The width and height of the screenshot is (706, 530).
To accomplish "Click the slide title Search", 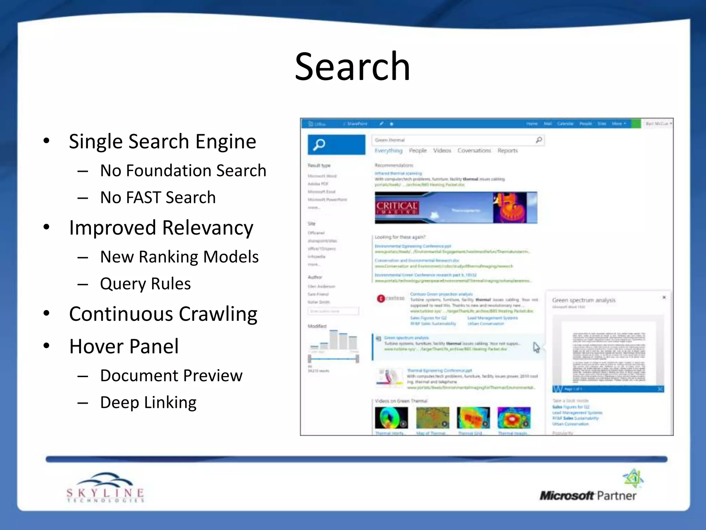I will click(352, 66).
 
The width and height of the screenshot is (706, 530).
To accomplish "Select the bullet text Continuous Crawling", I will click(163, 314).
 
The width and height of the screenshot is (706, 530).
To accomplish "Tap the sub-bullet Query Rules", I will click(145, 284).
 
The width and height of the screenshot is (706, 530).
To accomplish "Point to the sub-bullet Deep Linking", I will click(148, 402).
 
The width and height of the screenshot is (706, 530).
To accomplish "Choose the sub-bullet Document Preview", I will click(171, 375).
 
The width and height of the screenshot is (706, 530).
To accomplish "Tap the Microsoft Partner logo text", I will click(588, 495).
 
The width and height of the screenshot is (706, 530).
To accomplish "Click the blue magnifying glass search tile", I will click(336, 145).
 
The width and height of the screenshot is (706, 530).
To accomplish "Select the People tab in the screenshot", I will click(418, 150).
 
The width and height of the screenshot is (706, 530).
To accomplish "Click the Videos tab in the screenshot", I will click(442, 150).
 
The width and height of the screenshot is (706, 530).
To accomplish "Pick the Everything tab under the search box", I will click(389, 150).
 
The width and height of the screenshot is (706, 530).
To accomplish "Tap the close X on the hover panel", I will click(664, 297).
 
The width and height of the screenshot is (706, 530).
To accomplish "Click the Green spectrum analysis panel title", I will click(584, 300).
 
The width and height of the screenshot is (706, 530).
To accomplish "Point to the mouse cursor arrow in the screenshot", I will click(536, 347).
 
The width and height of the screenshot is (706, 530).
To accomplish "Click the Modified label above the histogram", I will click(317, 326).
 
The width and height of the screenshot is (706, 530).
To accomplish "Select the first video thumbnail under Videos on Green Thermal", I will click(391, 418).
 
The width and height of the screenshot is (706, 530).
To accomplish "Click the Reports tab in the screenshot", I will click(507, 150).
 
